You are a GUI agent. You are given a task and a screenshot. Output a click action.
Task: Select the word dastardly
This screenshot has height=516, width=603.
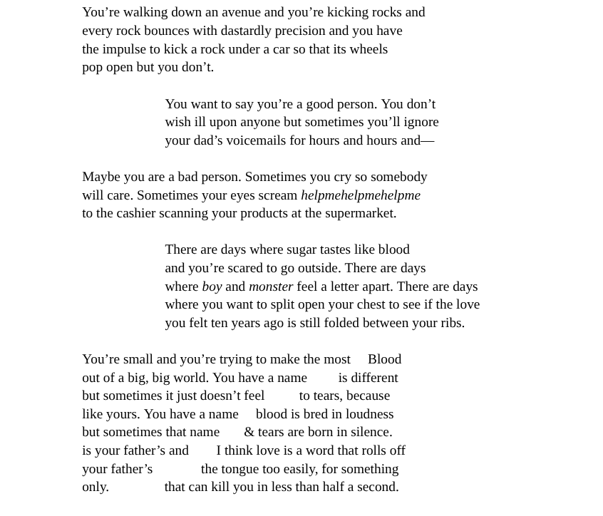246,31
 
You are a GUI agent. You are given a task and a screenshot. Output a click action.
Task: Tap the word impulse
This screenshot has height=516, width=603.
123,49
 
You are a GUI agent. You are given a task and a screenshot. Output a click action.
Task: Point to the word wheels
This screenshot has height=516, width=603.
368,49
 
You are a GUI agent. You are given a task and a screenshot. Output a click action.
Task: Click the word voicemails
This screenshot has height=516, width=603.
256,140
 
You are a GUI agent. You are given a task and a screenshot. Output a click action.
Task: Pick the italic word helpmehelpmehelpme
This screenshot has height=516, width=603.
360,195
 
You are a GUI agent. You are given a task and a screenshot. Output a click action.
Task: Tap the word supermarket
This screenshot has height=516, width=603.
360,213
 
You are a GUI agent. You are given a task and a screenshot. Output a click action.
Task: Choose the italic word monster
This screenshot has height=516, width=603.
270,287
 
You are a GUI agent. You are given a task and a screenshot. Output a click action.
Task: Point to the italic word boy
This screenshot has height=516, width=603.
212,287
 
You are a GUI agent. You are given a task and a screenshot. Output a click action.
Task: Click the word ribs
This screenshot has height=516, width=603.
448,323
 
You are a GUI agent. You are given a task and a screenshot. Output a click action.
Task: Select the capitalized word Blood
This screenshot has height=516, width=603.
384,359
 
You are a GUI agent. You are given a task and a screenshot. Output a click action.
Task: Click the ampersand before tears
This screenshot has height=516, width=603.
249,432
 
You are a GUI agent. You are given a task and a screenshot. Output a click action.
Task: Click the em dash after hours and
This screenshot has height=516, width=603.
428,140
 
